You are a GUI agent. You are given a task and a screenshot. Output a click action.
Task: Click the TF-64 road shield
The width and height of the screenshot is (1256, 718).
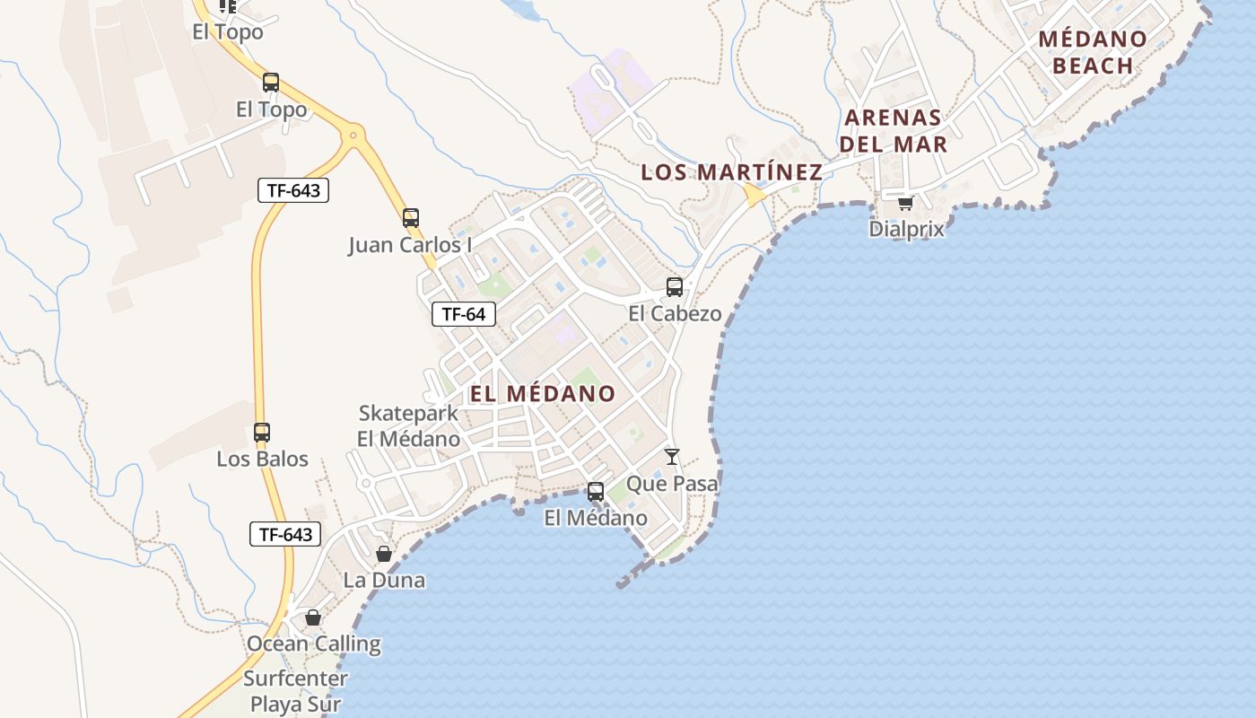[x=464, y=314]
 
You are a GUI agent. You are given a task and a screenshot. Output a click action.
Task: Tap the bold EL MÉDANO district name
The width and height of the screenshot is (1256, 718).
[x=543, y=393]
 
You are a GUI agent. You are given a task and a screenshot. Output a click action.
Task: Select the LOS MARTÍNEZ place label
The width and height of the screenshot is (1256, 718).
[x=731, y=172]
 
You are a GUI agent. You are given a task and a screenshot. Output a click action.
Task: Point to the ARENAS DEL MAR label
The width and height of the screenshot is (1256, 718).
[x=894, y=130]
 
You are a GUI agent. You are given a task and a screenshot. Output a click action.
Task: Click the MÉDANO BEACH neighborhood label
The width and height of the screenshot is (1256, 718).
[x=1093, y=52]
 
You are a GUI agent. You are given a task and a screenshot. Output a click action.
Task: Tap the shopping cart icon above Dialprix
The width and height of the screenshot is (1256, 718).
[x=905, y=203]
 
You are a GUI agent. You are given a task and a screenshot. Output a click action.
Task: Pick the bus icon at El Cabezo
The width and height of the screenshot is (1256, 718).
[x=675, y=287]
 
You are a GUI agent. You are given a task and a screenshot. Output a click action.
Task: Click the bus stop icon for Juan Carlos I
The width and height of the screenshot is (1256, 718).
[x=411, y=218]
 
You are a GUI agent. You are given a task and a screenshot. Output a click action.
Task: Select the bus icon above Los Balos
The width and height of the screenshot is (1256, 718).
[x=262, y=433]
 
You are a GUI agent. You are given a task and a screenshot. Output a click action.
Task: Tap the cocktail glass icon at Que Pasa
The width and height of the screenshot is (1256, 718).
[x=672, y=457]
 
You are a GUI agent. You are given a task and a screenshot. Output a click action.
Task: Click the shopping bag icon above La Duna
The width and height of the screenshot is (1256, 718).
[x=384, y=554]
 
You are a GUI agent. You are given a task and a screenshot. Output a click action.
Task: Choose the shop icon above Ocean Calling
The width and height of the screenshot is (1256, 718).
[x=313, y=617]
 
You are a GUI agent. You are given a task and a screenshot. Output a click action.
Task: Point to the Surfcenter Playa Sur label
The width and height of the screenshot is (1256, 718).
[x=295, y=691]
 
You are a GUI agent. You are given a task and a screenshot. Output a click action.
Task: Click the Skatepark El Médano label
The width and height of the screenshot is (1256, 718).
[x=408, y=426]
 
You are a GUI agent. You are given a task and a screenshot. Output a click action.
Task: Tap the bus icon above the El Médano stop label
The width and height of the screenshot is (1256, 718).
[x=596, y=492]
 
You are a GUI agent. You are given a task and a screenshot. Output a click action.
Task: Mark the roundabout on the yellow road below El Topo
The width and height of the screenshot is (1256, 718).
[x=354, y=137]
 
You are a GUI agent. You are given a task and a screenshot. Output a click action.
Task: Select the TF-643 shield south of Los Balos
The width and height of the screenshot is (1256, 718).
[x=285, y=535]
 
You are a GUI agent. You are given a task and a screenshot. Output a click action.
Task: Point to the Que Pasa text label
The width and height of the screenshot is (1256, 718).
[x=672, y=484]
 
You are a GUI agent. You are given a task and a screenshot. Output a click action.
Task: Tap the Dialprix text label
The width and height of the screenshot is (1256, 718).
[x=906, y=229]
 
